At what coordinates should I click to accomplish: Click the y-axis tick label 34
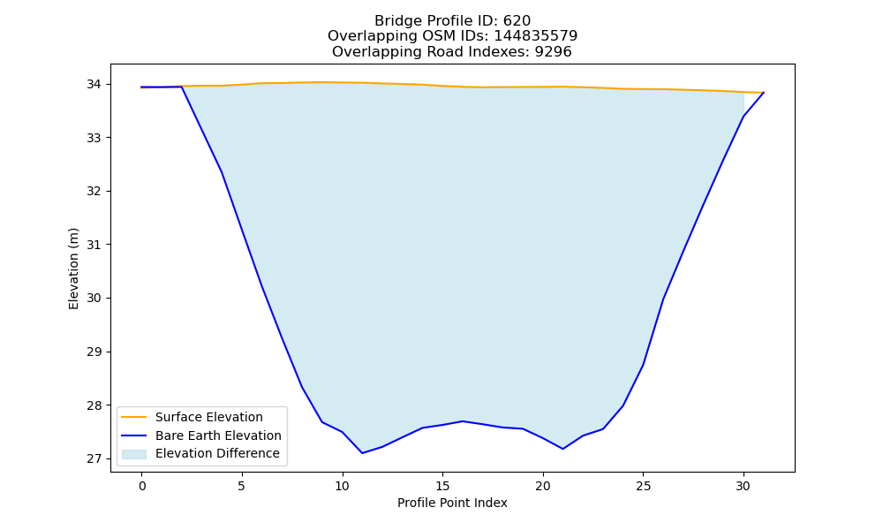(x=94, y=85)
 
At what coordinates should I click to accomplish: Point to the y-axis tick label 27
(x=94, y=459)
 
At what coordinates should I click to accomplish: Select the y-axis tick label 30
(x=94, y=299)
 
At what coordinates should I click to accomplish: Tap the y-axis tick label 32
(x=94, y=192)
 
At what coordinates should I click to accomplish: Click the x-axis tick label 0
(x=142, y=486)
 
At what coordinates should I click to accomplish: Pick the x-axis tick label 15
(x=442, y=486)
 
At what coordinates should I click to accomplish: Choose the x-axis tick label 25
(x=643, y=486)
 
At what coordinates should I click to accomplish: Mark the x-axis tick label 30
(x=743, y=486)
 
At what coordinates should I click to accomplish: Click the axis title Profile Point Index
(x=452, y=503)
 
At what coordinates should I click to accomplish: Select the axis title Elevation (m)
(x=74, y=269)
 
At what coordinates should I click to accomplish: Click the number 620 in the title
(x=517, y=21)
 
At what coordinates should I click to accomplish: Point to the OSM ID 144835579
(x=536, y=36)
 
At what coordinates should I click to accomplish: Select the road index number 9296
(x=554, y=52)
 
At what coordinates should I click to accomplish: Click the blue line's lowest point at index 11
(x=362, y=453)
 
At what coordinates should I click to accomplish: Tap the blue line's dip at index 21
(x=562, y=449)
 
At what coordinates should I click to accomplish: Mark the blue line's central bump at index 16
(x=463, y=421)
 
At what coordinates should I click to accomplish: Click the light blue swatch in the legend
(x=134, y=454)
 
